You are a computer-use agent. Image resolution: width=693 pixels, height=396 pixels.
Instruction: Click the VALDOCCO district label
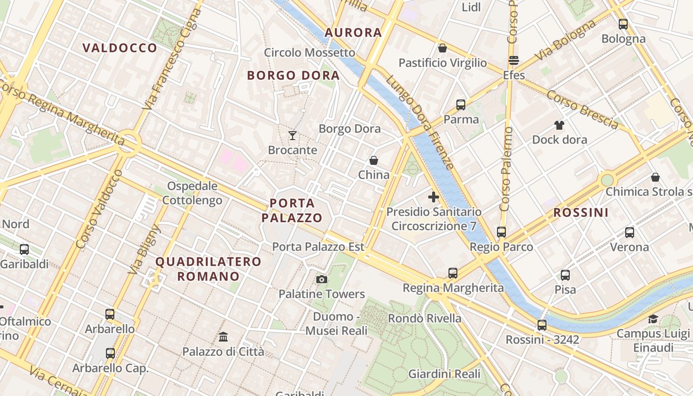(x=120, y=48)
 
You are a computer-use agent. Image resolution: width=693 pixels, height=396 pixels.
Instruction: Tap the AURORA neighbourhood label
(x=353, y=33)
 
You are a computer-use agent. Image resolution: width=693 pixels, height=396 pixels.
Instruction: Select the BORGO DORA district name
(x=293, y=75)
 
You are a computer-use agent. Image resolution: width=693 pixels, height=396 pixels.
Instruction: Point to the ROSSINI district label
(x=581, y=212)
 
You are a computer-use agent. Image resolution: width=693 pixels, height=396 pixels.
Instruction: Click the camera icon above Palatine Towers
(x=322, y=280)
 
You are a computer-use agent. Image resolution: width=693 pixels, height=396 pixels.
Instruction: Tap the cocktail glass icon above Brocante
(x=293, y=135)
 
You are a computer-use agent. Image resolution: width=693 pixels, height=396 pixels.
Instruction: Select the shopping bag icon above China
(x=374, y=160)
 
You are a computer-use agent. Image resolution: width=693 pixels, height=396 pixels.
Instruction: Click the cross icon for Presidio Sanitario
(x=434, y=197)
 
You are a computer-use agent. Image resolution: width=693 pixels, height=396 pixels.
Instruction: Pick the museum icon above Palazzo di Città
(x=223, y=337)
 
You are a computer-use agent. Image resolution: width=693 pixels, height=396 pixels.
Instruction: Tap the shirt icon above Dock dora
(x=559, y=125)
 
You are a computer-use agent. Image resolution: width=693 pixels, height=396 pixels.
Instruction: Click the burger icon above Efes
(x=514, y=61)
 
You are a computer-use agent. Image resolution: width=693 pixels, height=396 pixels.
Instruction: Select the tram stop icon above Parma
(x=461, y=104)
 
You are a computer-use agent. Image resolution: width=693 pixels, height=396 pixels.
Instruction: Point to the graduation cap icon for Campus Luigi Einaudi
(x=653, y=319)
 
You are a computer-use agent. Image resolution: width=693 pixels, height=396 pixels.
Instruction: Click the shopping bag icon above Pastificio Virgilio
(x=443, y=48)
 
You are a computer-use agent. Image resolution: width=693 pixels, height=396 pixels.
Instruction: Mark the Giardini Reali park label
(x=445, y=374)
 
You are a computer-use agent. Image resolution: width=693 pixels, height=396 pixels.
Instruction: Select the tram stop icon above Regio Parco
(x=501, y=232)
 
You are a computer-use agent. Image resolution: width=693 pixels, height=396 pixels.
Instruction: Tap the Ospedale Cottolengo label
(x=192, y=193)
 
